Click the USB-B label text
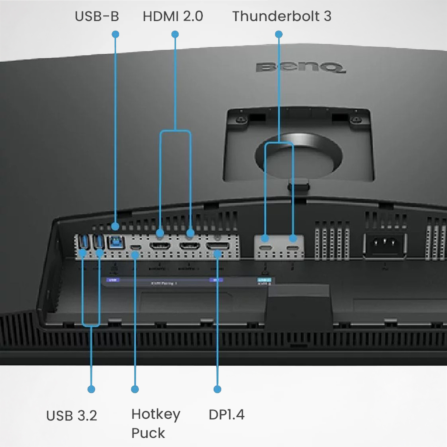(97, 16)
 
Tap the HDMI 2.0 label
(173, 16)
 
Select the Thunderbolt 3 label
(282, 16)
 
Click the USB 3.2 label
(72, 416)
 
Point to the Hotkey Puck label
(156, 423)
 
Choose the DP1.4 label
(226, 415)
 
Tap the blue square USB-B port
(116, 242)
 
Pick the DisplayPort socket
(218, 246)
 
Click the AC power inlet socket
(384, 243)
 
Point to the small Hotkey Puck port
(136, 247)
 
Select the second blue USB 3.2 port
(99, 242)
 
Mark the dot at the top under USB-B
(115, 34)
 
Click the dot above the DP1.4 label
(218, 389)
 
